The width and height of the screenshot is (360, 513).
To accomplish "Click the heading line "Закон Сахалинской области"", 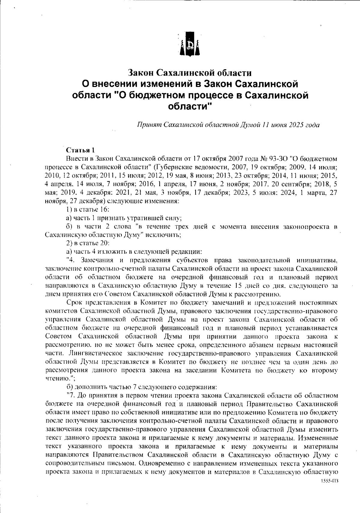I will pyautogui.click(x=190, y=73).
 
